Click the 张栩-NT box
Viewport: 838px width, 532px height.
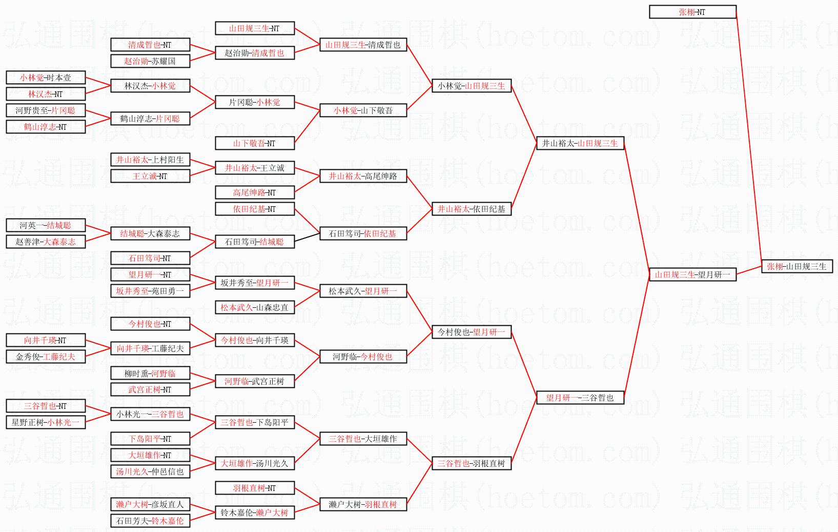click(x=692, y=12)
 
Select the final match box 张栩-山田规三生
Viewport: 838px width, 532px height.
click(x=796, y=266)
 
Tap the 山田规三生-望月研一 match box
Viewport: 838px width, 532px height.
click(x=692, y=274)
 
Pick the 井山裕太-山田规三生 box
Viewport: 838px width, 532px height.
click(x=580, y=143)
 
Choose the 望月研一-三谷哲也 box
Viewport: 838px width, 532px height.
click(x=580, y=398)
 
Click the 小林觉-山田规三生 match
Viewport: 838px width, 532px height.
click(x=472, y=86)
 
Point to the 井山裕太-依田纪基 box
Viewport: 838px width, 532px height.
click(x=472, y=209)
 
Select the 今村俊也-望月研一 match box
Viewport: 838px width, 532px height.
click(x=472, y=332)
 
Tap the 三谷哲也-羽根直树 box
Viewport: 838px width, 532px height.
click(x=472, y=463)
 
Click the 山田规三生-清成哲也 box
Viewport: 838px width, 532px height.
click(x=363, y=45)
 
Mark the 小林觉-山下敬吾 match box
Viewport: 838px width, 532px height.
click(x=363, y=110)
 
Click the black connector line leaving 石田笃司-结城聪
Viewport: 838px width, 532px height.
click(x=307, y=238)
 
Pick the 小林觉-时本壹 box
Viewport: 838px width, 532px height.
click(x=46, y=77)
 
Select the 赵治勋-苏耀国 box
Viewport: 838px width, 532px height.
click(x=150, y=61)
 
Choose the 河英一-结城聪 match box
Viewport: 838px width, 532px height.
click(x=46, y=225)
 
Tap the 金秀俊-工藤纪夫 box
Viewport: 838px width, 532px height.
click(x=46, y=357)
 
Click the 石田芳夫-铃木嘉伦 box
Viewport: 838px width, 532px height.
click(x=150, y=521)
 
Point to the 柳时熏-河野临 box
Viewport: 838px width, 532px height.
click(x=150, y=373)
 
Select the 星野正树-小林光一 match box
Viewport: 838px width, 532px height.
click(x=46, y=422)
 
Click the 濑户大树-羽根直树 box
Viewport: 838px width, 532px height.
click(x=363, y=504)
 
